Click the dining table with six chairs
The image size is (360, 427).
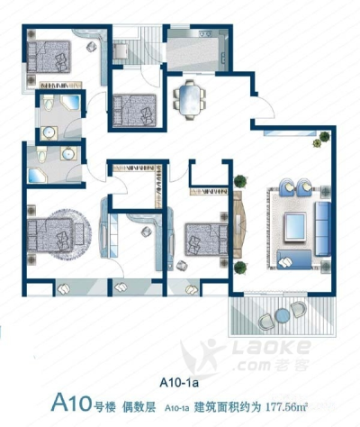click(189, 100)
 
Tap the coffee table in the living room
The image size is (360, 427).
click(296, 226)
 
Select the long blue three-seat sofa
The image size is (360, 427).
click(323, 229)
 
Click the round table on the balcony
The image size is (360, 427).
click(283, 315)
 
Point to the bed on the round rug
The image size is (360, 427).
click(50, 235)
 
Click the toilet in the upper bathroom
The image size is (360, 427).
click(49, 103)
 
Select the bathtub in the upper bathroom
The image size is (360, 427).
click(70, 103)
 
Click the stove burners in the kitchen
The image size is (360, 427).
click(205, 33)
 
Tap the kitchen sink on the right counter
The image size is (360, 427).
click(224, 57)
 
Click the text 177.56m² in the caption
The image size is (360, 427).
click(287, 407)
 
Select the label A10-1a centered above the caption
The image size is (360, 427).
click(179, 383)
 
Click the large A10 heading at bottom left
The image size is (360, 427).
click(71, 403)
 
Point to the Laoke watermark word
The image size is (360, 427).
click(271, 347)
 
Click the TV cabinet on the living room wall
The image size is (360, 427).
click(239, 224)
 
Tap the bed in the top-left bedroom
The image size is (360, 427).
click(49, 57)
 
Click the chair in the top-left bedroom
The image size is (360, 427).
click(92, 47)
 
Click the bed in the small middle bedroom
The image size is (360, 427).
click(135, 110)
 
